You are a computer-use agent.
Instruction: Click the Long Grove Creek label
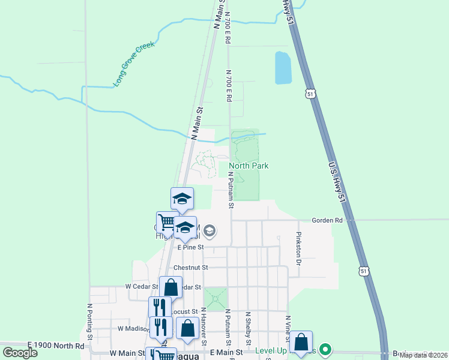(134, 64)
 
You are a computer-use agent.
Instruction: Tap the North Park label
(249, 166)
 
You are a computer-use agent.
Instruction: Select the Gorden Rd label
(327, 220)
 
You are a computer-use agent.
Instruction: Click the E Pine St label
(190, 247)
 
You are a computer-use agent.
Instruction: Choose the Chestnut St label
(190, 267)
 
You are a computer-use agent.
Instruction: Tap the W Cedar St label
(141, 287)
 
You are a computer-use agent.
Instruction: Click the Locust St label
(185, 312)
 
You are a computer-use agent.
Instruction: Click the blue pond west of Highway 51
(283, 67)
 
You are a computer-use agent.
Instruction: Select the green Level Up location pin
(325, 348)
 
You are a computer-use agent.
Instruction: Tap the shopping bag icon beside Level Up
(301, 343)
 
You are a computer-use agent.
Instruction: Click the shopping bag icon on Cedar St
(171, 287)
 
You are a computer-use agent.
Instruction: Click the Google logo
(20, 353)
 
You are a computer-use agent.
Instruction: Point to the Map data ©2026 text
(423, 355)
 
